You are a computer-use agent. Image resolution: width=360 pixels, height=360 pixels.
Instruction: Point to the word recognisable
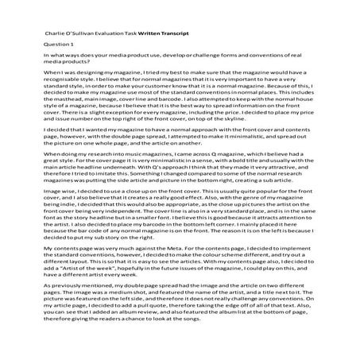click(x=48, y=82)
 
